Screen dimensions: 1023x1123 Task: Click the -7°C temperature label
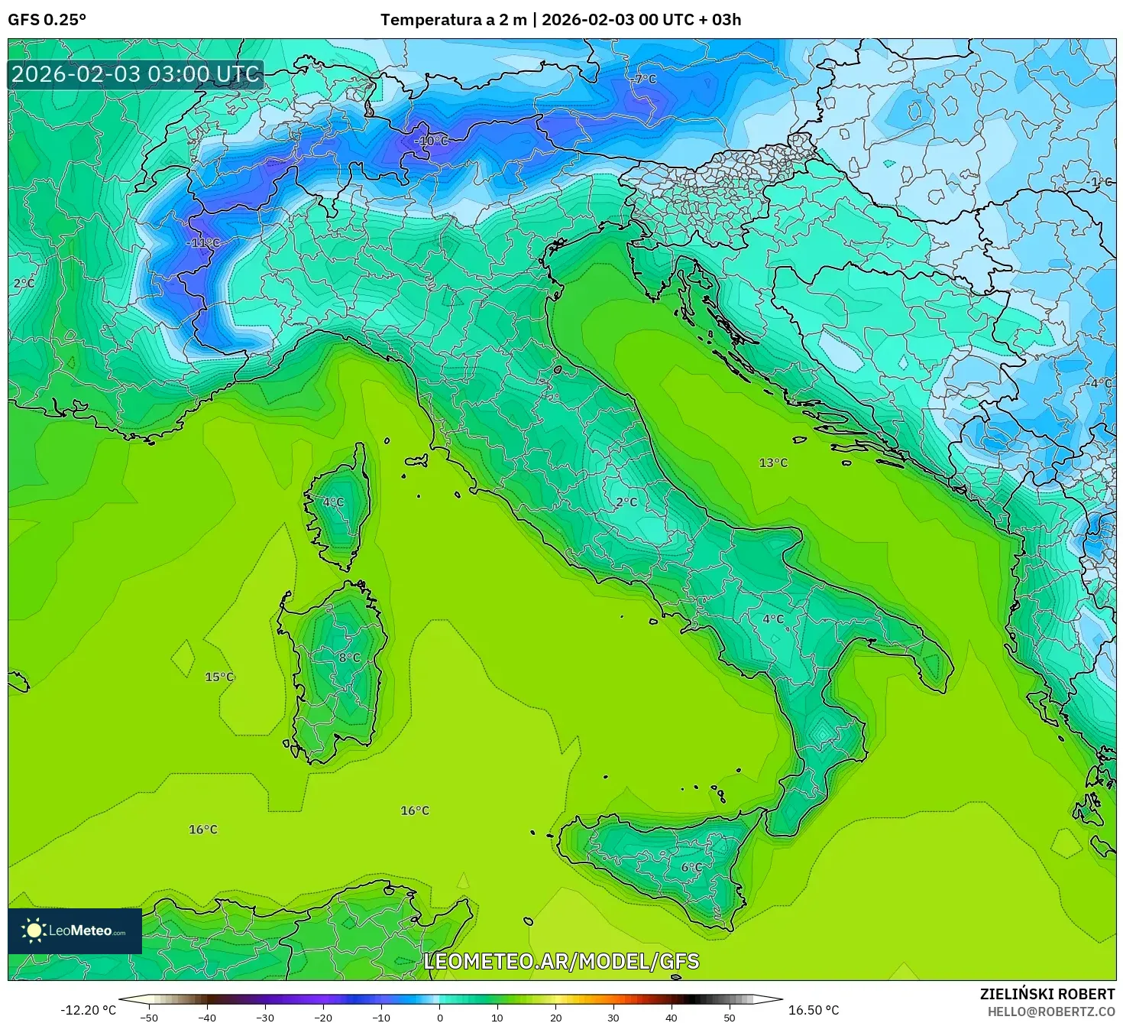644,80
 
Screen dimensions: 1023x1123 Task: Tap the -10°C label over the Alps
431,141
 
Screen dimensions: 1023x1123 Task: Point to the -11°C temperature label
202,243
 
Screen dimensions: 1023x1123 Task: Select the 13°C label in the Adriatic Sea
773,463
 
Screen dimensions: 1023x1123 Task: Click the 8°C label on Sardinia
349,658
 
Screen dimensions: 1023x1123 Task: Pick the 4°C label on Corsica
333,502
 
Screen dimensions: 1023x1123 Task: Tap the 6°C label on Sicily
691,867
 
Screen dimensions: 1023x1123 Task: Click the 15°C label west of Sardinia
219,677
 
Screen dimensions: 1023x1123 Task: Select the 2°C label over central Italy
626,502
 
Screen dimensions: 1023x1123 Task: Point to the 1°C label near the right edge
1101,182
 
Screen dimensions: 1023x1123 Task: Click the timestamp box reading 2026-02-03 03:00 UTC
135,75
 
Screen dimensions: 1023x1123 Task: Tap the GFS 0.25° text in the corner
47,20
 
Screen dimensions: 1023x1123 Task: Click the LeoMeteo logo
75,930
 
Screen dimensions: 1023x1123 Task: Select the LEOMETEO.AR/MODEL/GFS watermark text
561,961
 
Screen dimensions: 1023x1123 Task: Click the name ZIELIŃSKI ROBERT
1047,994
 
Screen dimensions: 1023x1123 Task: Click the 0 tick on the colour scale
440,1017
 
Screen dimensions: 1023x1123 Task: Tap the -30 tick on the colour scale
265,1017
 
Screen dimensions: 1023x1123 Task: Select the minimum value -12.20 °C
89,1010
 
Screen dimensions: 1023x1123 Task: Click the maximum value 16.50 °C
814,1010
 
